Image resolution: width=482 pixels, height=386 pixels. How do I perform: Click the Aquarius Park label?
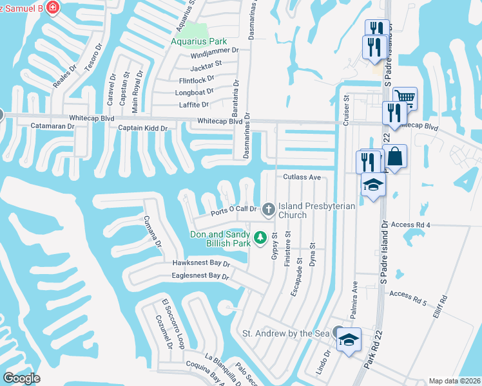(199, 42)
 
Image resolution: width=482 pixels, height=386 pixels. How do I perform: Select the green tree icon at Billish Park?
(261, 238)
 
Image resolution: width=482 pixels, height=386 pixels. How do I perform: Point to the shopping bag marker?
(394, 157)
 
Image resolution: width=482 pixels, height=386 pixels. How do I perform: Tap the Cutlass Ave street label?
(301, 177)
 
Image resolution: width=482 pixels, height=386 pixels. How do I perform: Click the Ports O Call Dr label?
(234, 209)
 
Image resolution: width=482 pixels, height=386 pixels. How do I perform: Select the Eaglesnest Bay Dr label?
(200, 276)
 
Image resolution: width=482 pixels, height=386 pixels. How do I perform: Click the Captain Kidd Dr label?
(142, 128)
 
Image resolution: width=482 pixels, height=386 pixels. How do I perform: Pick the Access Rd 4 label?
(410, 225)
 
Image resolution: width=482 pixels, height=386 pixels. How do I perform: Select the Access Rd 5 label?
(409, 294)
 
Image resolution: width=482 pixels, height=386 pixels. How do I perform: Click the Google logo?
(22, 378)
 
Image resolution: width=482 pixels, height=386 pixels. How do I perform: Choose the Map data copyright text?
(454, 381)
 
